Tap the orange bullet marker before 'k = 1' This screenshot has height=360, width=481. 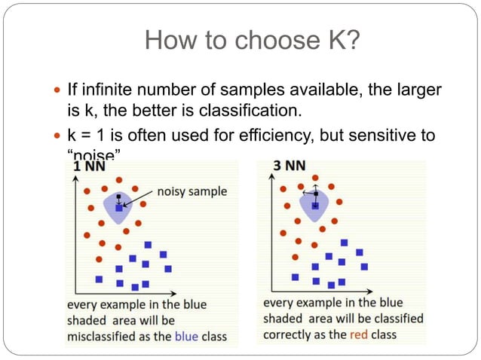58,136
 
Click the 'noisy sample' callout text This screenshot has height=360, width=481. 191,191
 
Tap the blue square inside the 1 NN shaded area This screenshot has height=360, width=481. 118,207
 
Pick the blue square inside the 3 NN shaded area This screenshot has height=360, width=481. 314,205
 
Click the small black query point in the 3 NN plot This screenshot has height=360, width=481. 315,193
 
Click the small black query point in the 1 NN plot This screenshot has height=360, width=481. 118,197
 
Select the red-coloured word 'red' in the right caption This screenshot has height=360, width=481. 360,334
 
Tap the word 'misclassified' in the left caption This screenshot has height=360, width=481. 102,337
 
